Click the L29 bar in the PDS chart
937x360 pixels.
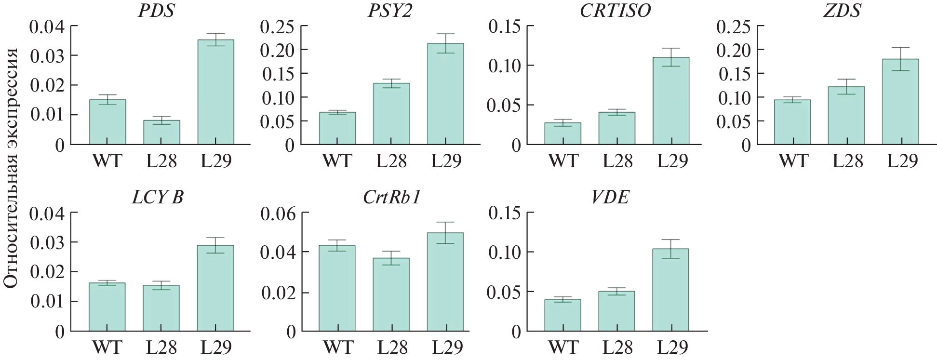(x=215, y=92)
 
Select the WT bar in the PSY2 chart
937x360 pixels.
(x=337, y=128)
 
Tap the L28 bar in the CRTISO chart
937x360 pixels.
(x=616, y=128)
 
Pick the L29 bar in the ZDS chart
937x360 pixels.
(x=900, y=102)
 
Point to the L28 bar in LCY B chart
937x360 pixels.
(x=161, y=308)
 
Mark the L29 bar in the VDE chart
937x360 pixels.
(x=670, y=290)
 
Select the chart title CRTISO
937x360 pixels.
(x=615, y=11)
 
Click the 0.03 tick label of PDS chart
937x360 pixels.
(x=47, y=55)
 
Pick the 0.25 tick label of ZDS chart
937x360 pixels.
(x=734, y=27)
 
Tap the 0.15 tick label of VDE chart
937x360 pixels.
(x=505, y=213)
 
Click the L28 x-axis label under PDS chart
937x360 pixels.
(x=161, y=161)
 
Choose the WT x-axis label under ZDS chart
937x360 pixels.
(x=793, y=161)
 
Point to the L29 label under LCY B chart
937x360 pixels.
(x=215, y=347)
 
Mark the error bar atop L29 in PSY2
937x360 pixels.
(x=446, y=43)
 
